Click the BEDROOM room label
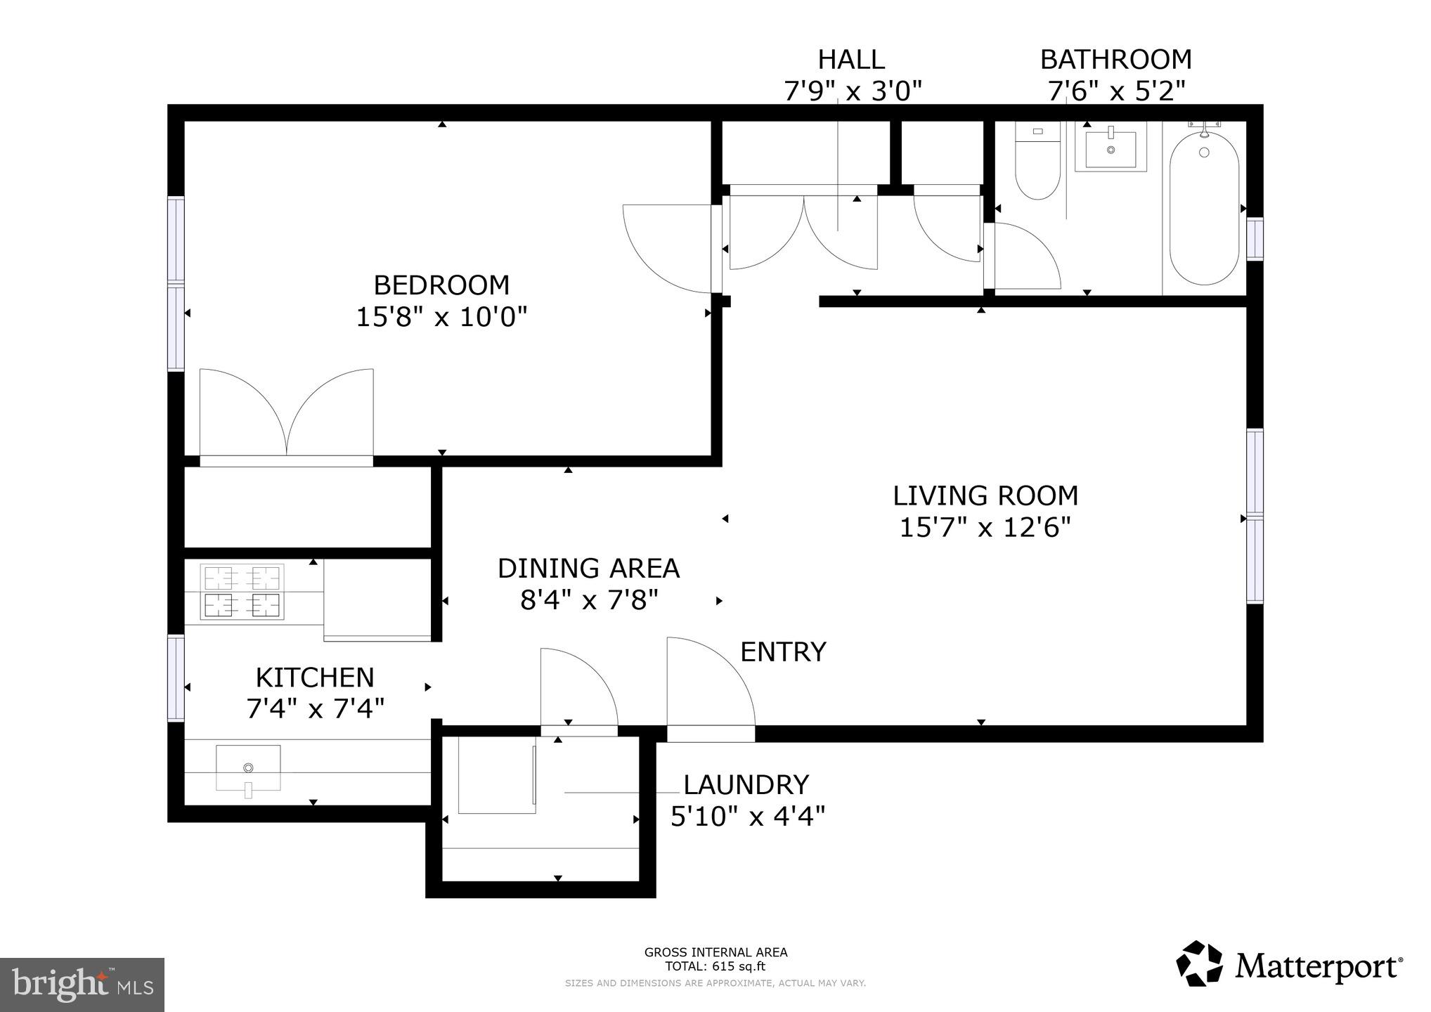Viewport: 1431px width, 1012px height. click(441, 285)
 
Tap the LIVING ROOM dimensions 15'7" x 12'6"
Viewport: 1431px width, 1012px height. click(985, 528)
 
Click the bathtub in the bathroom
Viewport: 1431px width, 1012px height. click(1204, 209)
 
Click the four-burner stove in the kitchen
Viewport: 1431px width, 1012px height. click(242, 592)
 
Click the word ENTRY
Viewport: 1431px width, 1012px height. click(783, 652)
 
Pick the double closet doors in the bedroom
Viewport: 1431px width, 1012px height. click(286, 415)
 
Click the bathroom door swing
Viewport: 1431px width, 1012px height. click(1023, 257)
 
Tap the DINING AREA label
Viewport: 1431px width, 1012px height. click(588, 569)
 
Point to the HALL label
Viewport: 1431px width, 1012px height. click(851, 60)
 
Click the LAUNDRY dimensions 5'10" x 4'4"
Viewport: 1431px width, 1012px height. click(747, 817)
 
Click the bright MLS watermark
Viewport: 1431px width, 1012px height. click(82, 984)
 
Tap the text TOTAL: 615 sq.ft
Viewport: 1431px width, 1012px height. click(715, 966)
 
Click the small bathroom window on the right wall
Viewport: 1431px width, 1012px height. click(1255, 239)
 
